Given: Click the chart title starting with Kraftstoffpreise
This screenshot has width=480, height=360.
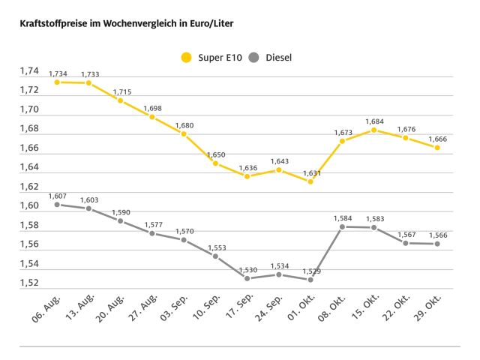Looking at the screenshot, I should (x=121, y=23).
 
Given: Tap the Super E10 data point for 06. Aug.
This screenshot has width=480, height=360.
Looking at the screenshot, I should (x=57, y=82).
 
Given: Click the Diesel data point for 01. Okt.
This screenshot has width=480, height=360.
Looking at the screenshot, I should (x=310, y=280).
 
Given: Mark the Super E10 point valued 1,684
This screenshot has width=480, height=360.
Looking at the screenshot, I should (x=373, y=130).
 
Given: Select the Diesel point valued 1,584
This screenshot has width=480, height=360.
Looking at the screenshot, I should (x=342, y=226).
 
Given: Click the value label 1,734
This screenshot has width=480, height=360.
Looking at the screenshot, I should (x=57, y=73).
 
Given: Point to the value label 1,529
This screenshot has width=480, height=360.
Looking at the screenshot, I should (x=310, y=271).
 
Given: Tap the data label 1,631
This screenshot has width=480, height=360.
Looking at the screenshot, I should (x=310, y=172).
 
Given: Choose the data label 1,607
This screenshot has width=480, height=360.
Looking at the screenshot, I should (x=57, y=196).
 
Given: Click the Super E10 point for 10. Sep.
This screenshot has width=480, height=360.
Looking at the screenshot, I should (x=215, y=163).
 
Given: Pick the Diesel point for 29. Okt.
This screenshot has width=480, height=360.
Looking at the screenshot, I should (x=436, y=244).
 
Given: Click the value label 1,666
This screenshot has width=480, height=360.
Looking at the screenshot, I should (x=436, y=139).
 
